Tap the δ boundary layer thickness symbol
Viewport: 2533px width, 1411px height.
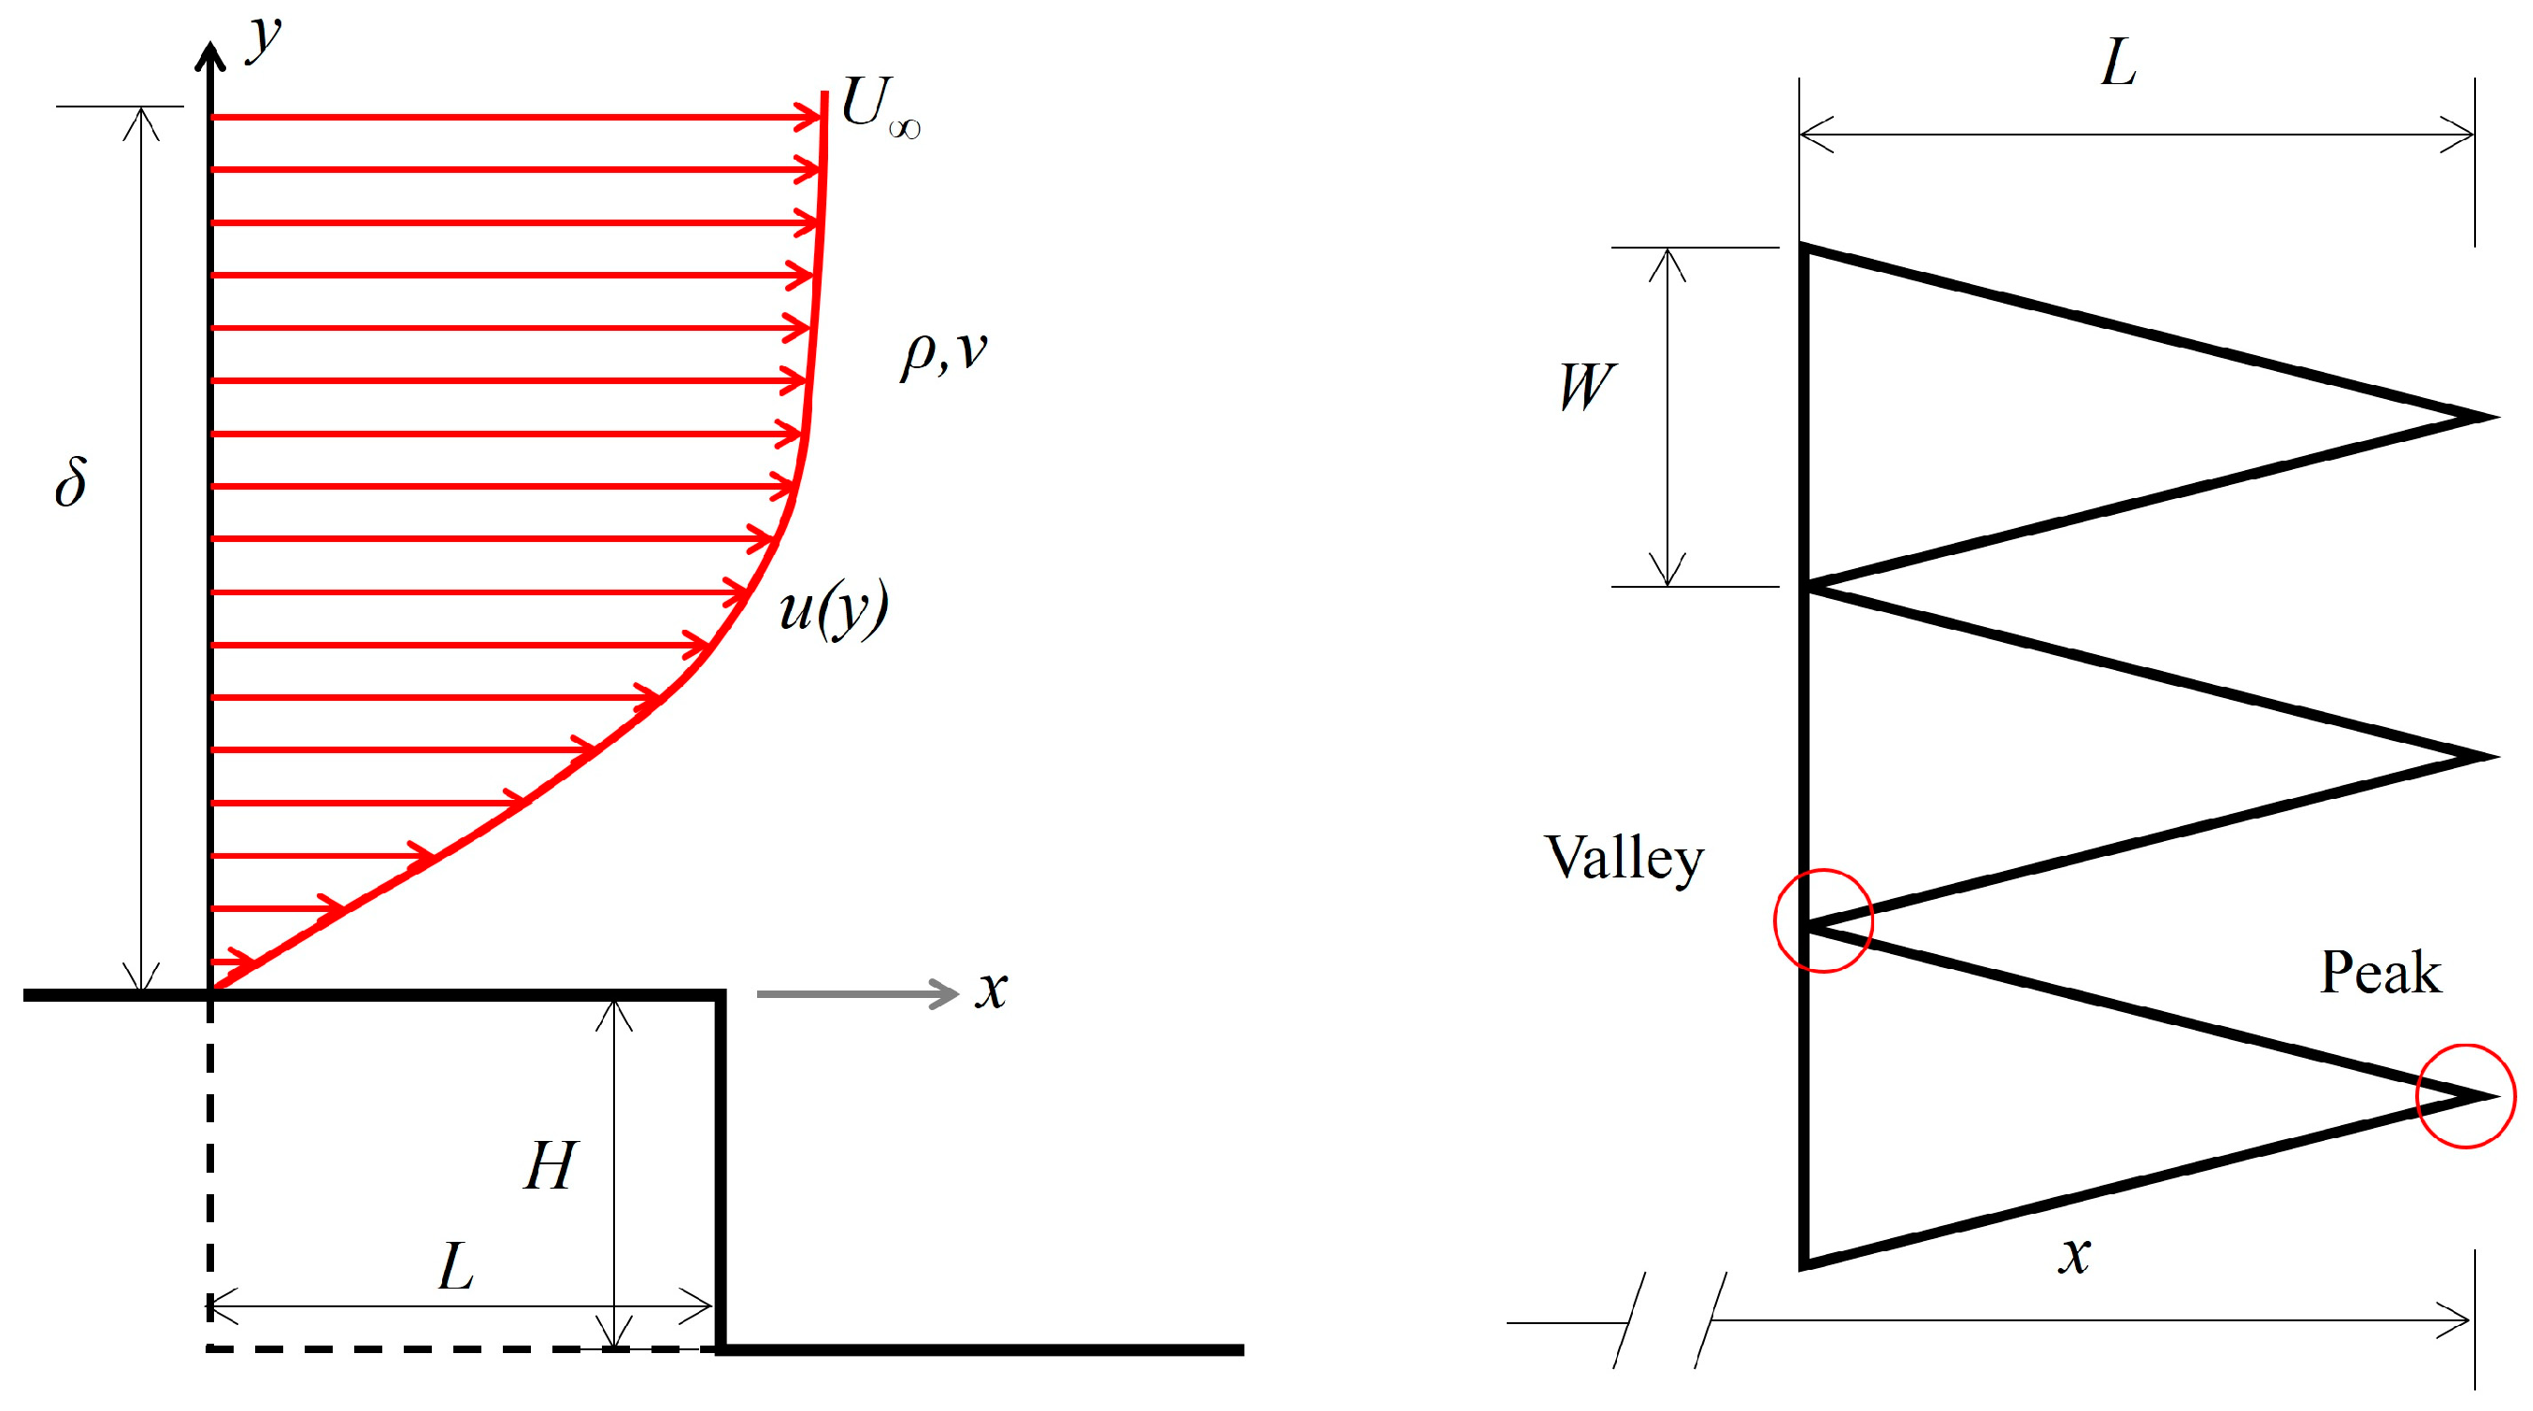point(71,482)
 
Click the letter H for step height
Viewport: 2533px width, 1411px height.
point(550,1166)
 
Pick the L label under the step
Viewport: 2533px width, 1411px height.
point(456,1266)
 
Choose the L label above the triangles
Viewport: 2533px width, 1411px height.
point(2118,64)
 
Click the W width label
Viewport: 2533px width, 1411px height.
point(1586,387)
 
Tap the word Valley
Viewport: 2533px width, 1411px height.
point(1624,858)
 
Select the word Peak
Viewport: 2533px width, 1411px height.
point(2380,973)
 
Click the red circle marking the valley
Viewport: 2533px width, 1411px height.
point(1823,920)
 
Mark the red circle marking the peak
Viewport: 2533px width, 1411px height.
point(2466,1096)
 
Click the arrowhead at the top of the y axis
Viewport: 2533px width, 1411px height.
point(209,54)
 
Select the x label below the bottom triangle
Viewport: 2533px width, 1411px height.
point(2075,1255)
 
